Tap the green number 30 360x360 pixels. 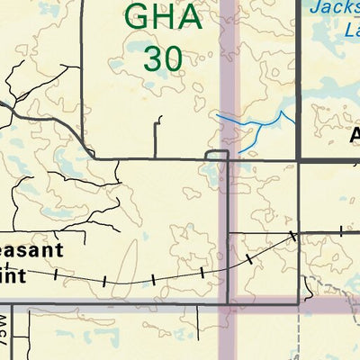[163, 58]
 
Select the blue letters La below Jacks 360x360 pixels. [352, 29]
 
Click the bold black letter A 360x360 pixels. [354, 135]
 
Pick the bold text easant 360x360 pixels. [31, 250]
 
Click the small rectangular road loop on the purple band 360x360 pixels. [216, 157]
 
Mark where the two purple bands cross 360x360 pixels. [230, 305]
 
